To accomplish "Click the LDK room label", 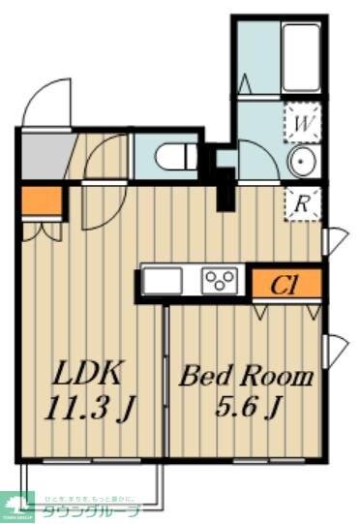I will (x=87, y=373).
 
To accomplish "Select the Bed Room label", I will (x=246, y=376).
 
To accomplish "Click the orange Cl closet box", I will (x=285, y=284).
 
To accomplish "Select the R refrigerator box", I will (x=302, y=203).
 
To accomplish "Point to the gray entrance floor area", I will (x=43, y=153).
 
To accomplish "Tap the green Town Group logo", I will (x=18, y=506).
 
